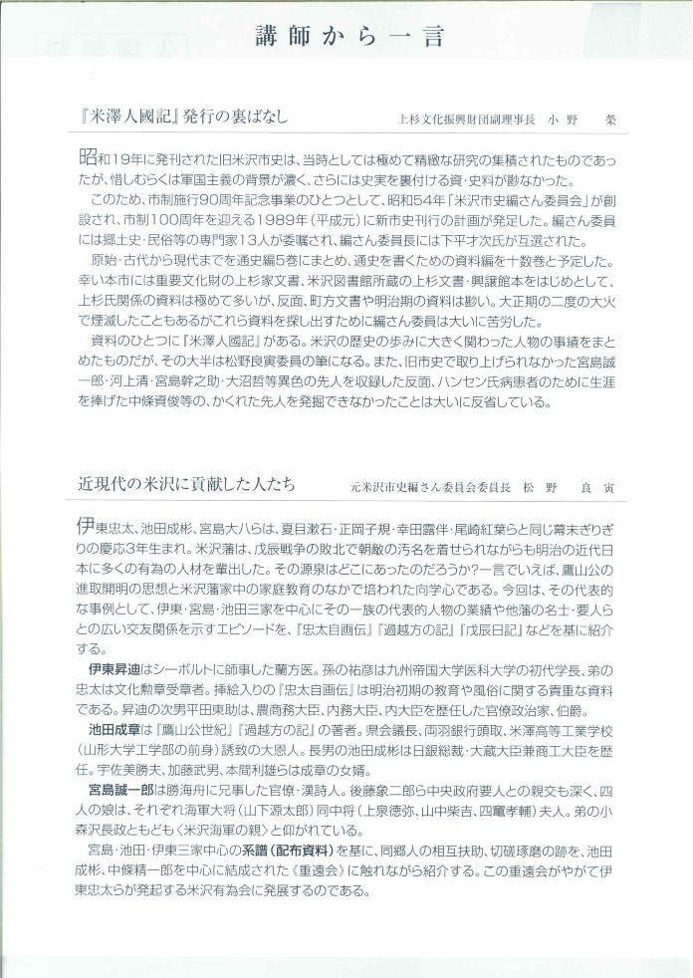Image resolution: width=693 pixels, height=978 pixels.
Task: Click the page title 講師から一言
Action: pos(347,38)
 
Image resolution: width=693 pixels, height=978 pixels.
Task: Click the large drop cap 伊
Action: pos(87,525)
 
